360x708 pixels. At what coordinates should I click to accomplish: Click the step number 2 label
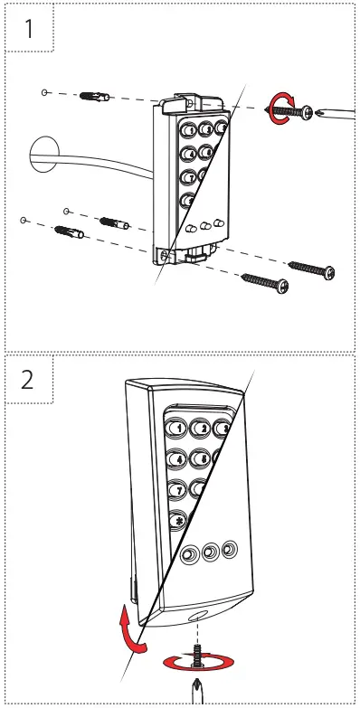pyautogui.click(x=28, y=378)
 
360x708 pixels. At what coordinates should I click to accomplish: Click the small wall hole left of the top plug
pyautogui.click(x=45, y=92)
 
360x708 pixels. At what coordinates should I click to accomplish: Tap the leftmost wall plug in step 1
pyautogui.click(x=69, y=234)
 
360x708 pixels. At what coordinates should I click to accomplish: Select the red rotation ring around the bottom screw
pyautogui.click(x=194, y=664)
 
